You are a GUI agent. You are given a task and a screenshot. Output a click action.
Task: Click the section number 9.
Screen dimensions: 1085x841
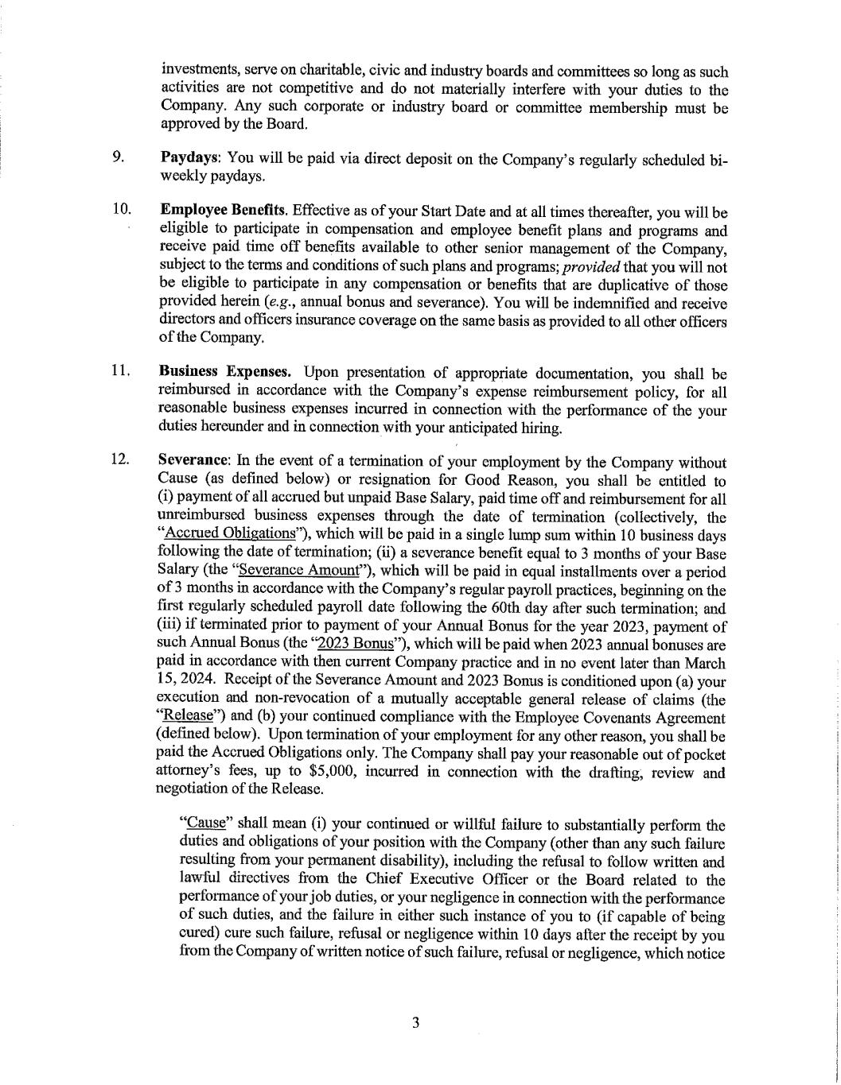point(118,157)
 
